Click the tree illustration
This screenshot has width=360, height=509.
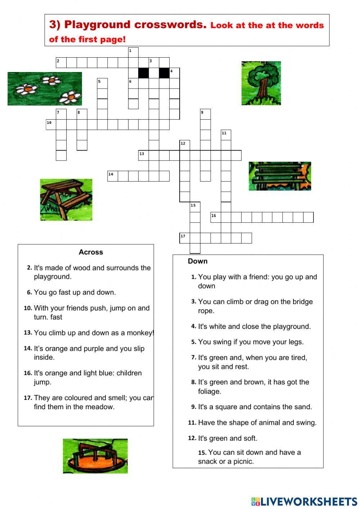tap(261, 83)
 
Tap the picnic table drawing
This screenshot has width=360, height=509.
tap(66, 200)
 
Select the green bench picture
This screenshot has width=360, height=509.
tap(280, 176)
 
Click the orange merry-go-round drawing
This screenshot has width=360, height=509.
tap(95, 456)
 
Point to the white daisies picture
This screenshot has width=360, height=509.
tap(45, 89)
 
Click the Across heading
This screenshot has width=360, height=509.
tap(91, 252)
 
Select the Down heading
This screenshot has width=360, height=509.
tap(198, 261)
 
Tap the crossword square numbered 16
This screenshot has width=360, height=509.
tap(216, 217)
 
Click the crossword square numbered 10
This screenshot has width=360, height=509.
tap(51, 125)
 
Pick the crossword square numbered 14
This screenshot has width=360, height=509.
tap(113, 176)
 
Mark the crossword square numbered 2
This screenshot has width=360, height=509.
tap(61, 63)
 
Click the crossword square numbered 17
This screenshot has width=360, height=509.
tap(185, 238)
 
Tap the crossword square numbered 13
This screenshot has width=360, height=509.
tap(144, 156)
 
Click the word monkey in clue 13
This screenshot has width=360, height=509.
tap(141, 333)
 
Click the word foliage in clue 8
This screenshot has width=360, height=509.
tap(209, 391)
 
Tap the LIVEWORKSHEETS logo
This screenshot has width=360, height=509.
tap(304, 501)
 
